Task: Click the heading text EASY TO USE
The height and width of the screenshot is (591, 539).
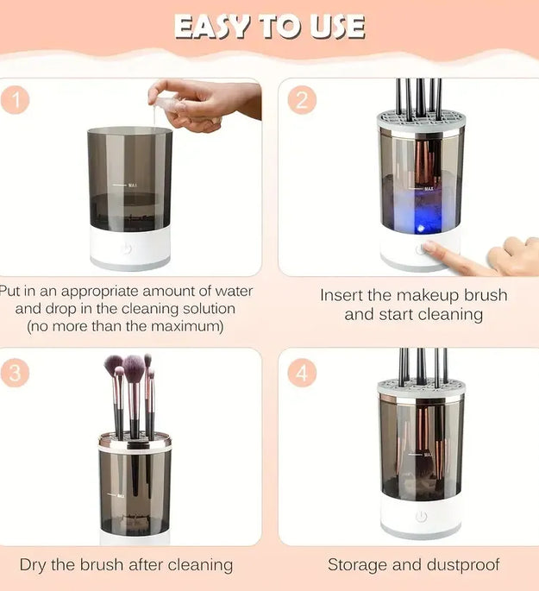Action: click(x=269, y=27)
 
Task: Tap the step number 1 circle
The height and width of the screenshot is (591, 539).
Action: click(x=16, y=99)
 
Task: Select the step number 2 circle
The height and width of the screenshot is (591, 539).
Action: click(x=301, y=100)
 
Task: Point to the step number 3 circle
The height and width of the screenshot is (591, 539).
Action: click(x=16, y=373)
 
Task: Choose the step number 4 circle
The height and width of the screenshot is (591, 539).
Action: click(x=301, y=373)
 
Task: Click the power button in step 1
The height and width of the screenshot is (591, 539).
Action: click(x=127, y=248)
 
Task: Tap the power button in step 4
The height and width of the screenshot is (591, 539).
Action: click(x=421, y=516)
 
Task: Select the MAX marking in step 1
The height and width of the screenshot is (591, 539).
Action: click(x=132, y=185)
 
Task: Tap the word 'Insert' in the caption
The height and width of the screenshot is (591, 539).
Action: click(x=345, y=295)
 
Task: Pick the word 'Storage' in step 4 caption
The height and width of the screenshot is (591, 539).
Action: click(x=357, y=565)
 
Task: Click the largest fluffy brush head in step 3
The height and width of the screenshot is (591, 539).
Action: click(x=133, y=368)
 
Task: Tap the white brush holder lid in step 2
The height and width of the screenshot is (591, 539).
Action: click(x=421, y=122)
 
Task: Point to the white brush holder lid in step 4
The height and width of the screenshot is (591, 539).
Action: click(x=421, y=389)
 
